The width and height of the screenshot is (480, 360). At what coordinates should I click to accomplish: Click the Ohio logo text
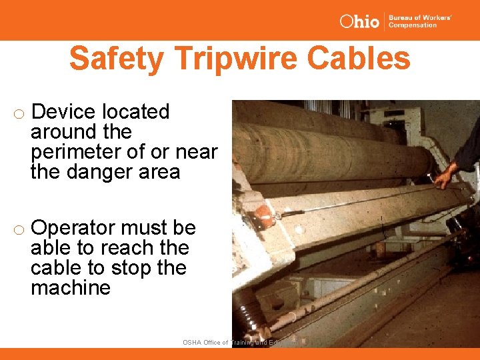click(359, 21)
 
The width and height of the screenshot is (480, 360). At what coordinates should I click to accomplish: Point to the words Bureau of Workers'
click(421, 17)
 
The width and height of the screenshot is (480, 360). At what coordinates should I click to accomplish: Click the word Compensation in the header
click(413, 25)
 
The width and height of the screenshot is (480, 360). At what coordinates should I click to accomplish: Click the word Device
click(64, 112)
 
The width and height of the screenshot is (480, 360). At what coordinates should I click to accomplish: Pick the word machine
click(71, 288)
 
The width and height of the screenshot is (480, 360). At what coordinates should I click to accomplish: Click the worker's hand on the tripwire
click(443, 177)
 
